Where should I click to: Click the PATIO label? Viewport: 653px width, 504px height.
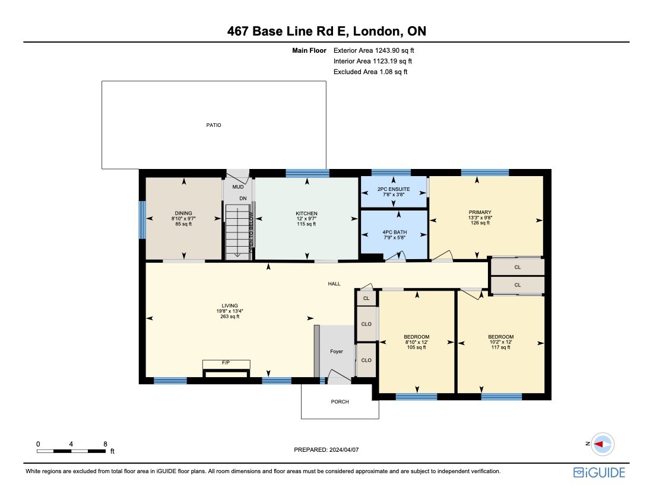213,125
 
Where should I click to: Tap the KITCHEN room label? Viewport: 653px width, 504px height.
307,213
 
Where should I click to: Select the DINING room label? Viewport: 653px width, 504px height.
184,213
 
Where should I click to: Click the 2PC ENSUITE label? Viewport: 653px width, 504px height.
394,189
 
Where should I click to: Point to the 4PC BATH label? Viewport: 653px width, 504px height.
394,232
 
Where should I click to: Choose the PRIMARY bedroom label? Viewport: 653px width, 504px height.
480,212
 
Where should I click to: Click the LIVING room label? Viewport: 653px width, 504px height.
230,306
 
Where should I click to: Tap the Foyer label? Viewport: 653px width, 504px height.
337,352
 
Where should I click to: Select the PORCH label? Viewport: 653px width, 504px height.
340,401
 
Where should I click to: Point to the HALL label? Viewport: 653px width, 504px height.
334,284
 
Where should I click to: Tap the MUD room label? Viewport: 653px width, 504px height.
237,186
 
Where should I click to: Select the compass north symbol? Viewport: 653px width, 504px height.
603,444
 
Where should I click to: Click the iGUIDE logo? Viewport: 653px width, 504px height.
599,472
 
